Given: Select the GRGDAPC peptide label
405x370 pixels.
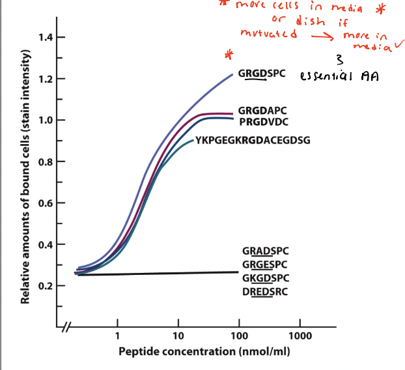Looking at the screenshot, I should (x=262, y=111).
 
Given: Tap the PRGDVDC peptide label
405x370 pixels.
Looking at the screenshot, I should (x=264, y=121).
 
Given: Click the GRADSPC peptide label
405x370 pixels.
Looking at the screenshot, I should (x=265, y=251).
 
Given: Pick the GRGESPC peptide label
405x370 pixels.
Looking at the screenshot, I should (x=265, y=264).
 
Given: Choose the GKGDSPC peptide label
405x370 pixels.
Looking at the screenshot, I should (x=265, y=278).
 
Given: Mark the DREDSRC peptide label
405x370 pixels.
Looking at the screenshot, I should (x=265, y=292).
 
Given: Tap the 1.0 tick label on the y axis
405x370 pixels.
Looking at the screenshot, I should (x=44, y=120).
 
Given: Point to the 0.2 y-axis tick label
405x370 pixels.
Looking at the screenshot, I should (x=44, y=286).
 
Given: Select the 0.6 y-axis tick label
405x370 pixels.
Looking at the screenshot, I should (x=44, y=203).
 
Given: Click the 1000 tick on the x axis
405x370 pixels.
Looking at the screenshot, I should (x=300, y=336).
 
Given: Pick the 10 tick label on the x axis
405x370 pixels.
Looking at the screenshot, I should (x=178, y=336).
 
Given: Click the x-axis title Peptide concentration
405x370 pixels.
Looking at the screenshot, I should (x=204, y=352).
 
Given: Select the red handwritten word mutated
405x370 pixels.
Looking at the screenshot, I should (x=268, y=34).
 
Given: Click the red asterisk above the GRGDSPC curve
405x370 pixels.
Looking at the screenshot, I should (x=228, y=54).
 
